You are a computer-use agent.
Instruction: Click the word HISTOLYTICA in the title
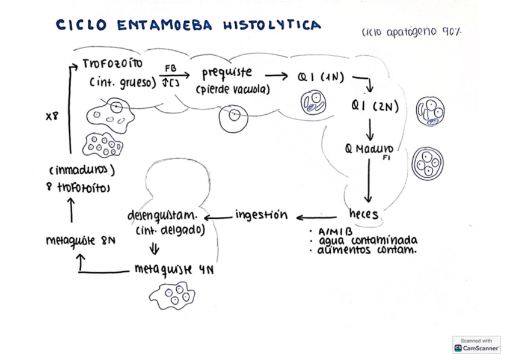click(x=272, y=25)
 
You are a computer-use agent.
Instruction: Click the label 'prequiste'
click(x=226, y=73)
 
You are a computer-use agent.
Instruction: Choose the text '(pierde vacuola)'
click(x=233, y=90)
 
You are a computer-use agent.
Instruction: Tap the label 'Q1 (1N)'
click(x=321, y=77)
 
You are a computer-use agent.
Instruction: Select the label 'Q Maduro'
click(x=369, y=149)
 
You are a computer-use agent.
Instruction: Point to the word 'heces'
click(x=363, y=214)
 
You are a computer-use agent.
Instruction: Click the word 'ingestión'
click(x=261, y=215)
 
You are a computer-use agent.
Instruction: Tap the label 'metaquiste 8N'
click(x=81, y=240)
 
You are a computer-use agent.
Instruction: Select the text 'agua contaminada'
click(x=367, y=240)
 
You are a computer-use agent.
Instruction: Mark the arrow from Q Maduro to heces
click(x=368, y=182)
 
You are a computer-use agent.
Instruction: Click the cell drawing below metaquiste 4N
click(x=173, y=295)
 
